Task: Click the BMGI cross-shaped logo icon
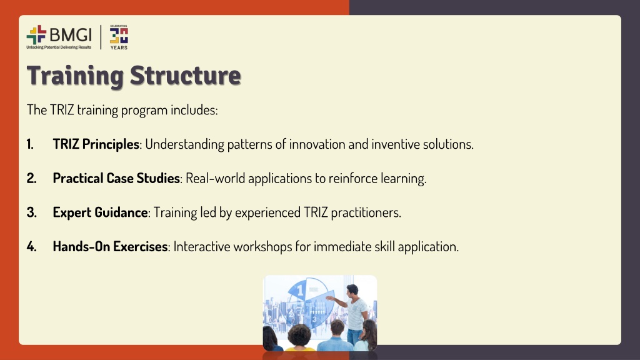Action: (x=36, y=35)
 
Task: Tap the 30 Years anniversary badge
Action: (x=119, y=37)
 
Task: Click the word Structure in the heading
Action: (x=186, y=76)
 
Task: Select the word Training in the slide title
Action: (x=75, y=76)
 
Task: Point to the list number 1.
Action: (x=30, y=144)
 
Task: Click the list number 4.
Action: (x=31, y=246)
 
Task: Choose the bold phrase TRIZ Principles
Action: (x=96, y=144)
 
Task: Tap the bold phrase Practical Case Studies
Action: (x=116, y=178)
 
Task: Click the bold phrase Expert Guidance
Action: (x=100, y=212)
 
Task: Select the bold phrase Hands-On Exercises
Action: (x=110, y=246)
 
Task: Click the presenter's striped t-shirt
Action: (x=357, y=314)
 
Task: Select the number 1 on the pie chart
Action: (x=301, y=290)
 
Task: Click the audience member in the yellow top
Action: (x=299, y=338)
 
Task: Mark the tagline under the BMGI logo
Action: (x=59, y=47)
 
